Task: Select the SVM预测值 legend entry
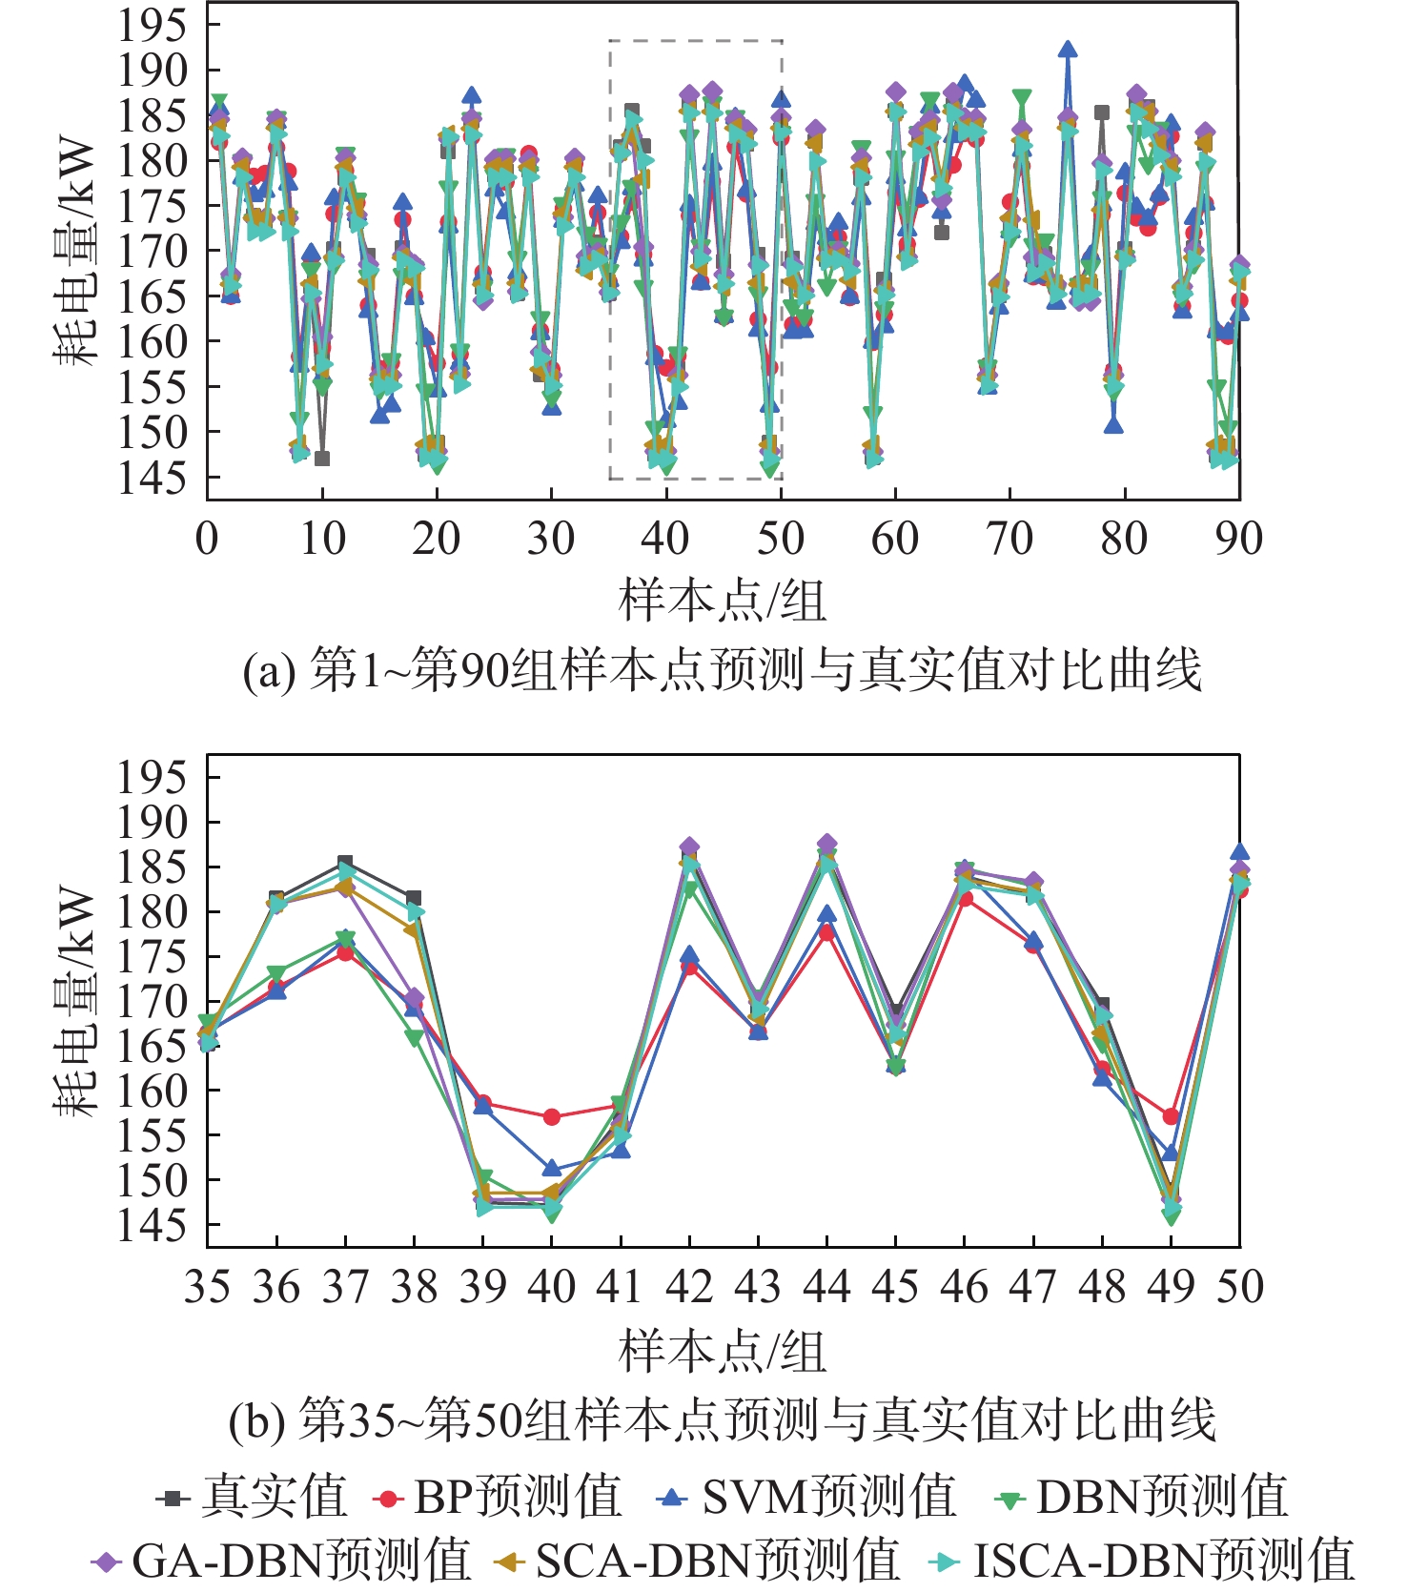coord(805,1498)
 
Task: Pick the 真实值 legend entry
coord(252,1498)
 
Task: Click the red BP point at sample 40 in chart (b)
coord(552,1116)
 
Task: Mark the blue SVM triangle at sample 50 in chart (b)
coord(1239,852)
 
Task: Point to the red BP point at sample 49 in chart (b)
coord(1172,1116)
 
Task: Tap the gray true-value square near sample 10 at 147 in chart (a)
coord(322,459)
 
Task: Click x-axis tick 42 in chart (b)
coord(689,1288)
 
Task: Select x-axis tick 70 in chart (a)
coord(1009,540)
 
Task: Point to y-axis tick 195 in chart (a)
coord(152,26)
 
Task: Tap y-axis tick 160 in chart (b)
coord(152,1092)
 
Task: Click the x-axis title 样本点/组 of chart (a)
coord(722,602)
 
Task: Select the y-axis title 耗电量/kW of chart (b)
coord(74,1001)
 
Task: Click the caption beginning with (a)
coord(722,671)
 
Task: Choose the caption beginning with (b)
coord(722,1421)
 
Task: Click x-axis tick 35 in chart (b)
coord(208,1288)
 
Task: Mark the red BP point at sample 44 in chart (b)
coord(827,933)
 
